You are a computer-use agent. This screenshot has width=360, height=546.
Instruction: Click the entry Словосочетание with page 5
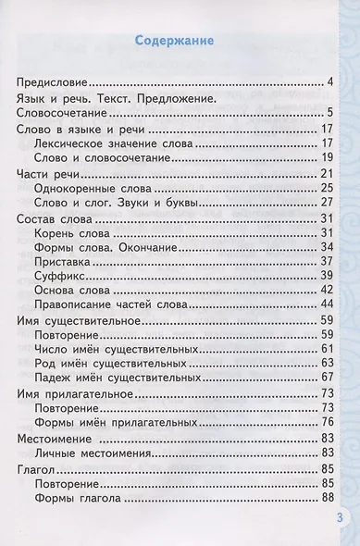coord(62,113)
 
